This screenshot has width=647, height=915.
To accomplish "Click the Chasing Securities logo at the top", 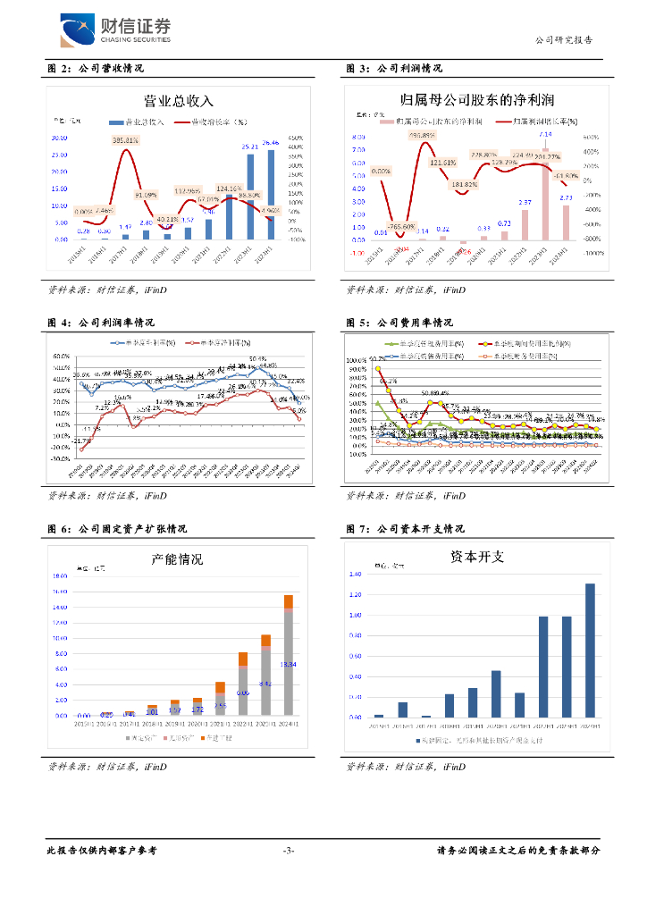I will point(114,31).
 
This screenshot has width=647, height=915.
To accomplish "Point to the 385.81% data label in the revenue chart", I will point(125,140).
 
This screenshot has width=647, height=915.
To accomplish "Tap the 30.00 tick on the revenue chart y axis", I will point(60,139).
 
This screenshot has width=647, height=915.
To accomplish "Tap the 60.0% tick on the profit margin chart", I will point(61,343).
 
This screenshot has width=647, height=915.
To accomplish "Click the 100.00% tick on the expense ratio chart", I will point(357,359).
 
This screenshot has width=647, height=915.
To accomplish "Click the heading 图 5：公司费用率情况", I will point(399,323).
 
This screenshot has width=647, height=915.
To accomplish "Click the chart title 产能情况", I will point(178,559).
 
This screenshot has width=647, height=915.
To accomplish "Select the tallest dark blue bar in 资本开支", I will point(590,650).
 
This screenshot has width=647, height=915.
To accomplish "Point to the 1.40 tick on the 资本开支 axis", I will point(357,575).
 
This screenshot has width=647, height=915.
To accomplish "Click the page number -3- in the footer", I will point(288,850).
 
